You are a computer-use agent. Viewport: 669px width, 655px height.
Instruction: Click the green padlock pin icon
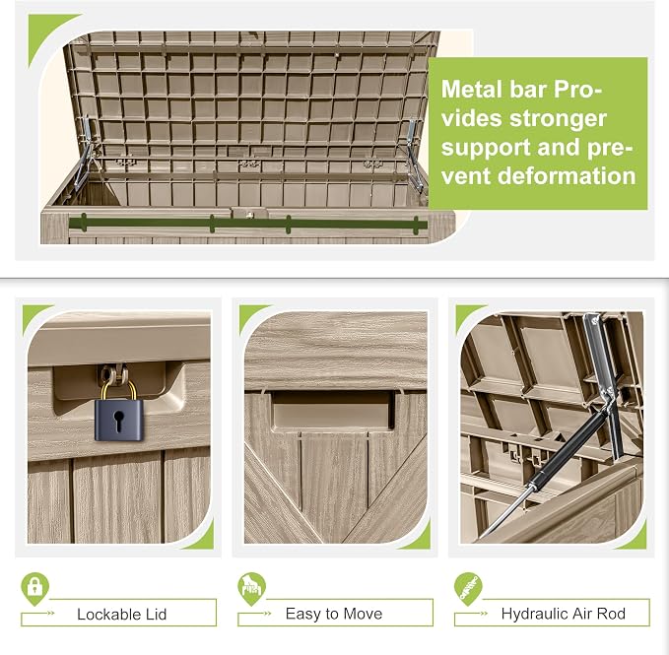click(x=35, y=589)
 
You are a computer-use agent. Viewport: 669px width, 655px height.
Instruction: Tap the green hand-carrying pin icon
click(x=251, y=589)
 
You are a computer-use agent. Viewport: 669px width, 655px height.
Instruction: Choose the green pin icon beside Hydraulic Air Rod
click(x=468, y=589)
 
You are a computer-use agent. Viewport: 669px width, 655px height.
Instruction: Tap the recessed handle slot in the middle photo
click(x=333, y=410)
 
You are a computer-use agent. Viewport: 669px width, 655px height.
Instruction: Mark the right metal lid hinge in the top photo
click(x=412, y=155)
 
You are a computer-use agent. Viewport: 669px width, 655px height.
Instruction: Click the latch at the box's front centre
click(x=249, y=213)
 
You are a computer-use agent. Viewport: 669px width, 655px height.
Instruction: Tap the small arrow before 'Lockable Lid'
click(x=50, y=614)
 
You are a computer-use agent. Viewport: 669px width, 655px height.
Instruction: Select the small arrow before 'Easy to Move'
click(x=267, y=614)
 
